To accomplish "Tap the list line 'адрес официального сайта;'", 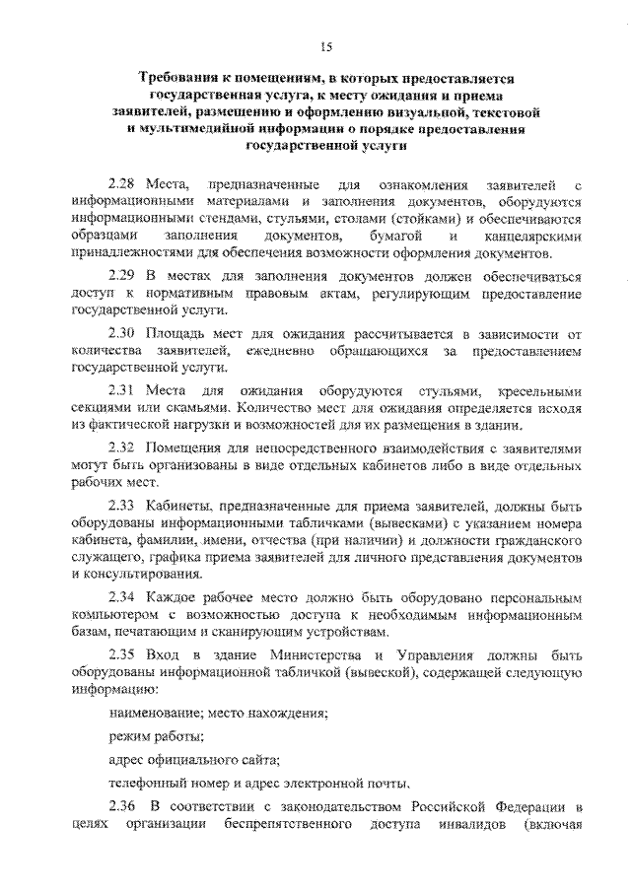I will (x=194, y=760).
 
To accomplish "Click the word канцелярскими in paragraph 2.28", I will (x=533, y=238).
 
